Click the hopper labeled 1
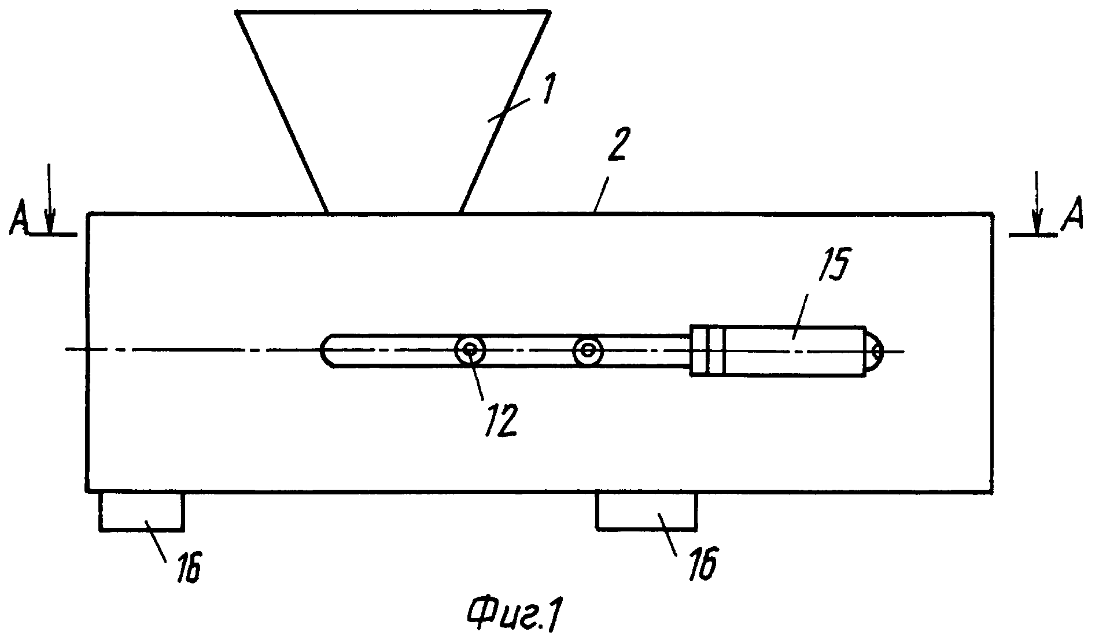(x=392, y=110)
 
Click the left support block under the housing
(x=142, y=511)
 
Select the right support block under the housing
(x=646, y=511)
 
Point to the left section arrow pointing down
(x=50, y=199)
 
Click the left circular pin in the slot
(x=470, y=350)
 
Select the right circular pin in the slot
(x=588, y=350)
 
